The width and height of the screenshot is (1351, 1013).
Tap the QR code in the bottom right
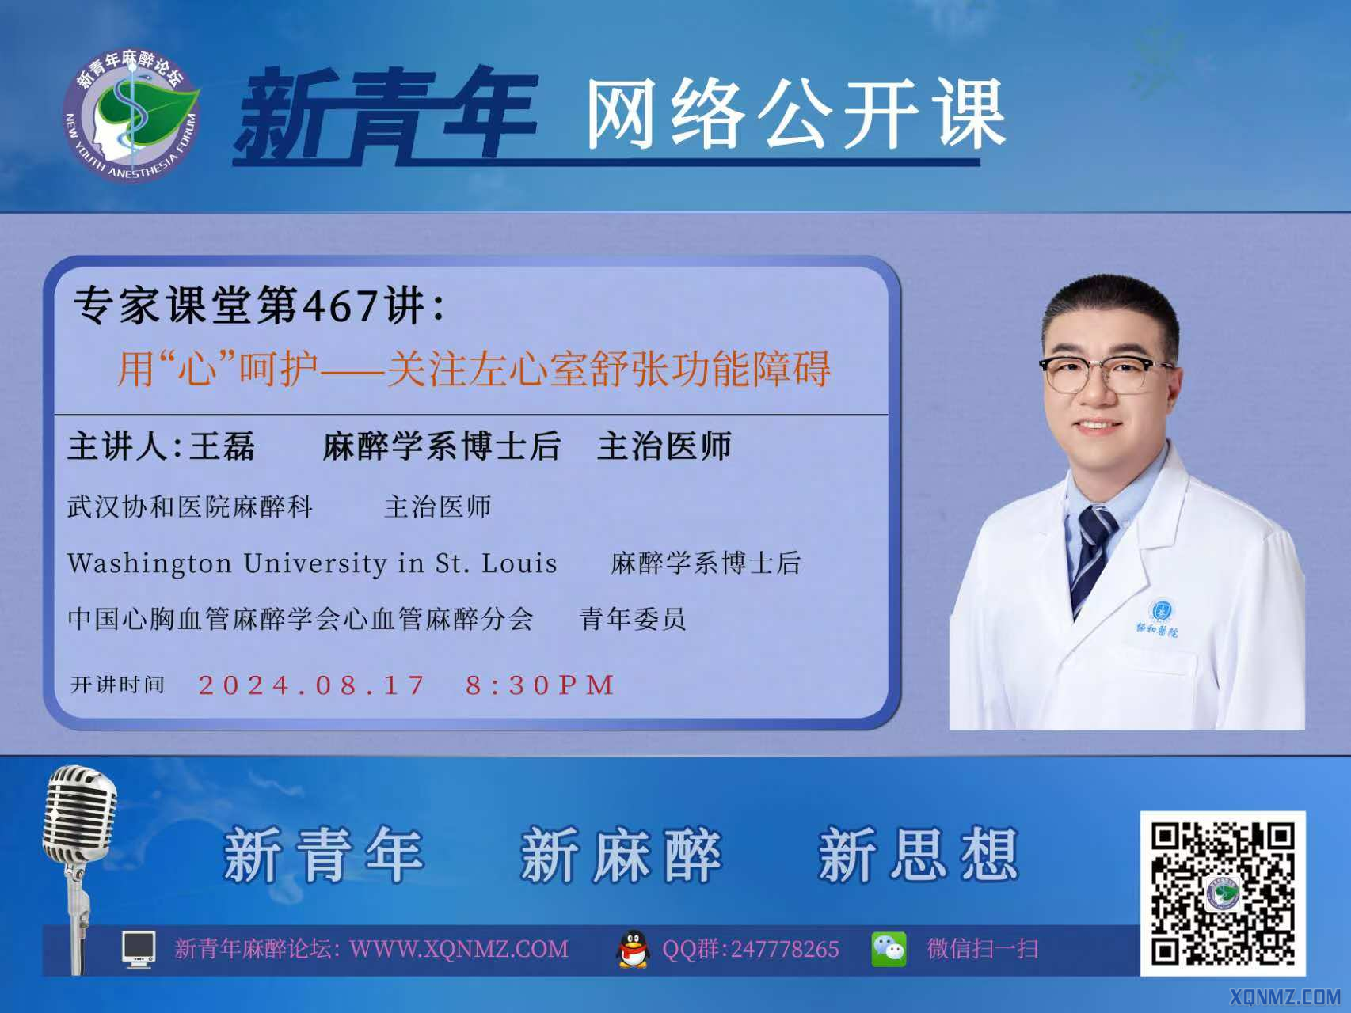(1223, 893)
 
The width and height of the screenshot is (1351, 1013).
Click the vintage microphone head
(80, 815)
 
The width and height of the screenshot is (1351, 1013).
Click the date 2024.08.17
(312, 685)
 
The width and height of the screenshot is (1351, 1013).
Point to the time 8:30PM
(540, 685)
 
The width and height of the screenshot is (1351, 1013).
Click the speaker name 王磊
(222, 447)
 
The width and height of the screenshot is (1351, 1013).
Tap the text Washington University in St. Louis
(312, 563)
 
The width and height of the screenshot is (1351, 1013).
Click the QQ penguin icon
(632, 949)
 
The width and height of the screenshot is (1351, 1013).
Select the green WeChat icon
(889, 949)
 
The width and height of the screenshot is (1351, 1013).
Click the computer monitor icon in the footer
(139, 949)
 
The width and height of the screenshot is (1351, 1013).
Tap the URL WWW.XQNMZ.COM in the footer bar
(459, 949)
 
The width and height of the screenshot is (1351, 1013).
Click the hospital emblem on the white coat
(1161, 611)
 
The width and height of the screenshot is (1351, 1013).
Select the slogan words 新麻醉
(621, 855)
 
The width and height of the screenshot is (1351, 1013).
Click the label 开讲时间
(118, 685)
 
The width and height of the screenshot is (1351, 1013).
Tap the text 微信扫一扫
(983, 949)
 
